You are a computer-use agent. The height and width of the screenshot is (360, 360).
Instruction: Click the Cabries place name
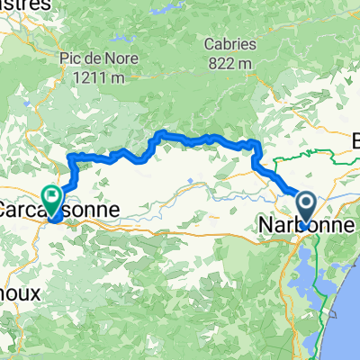point(230,43)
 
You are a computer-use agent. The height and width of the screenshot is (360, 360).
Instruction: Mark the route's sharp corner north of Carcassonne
point(71,158)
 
